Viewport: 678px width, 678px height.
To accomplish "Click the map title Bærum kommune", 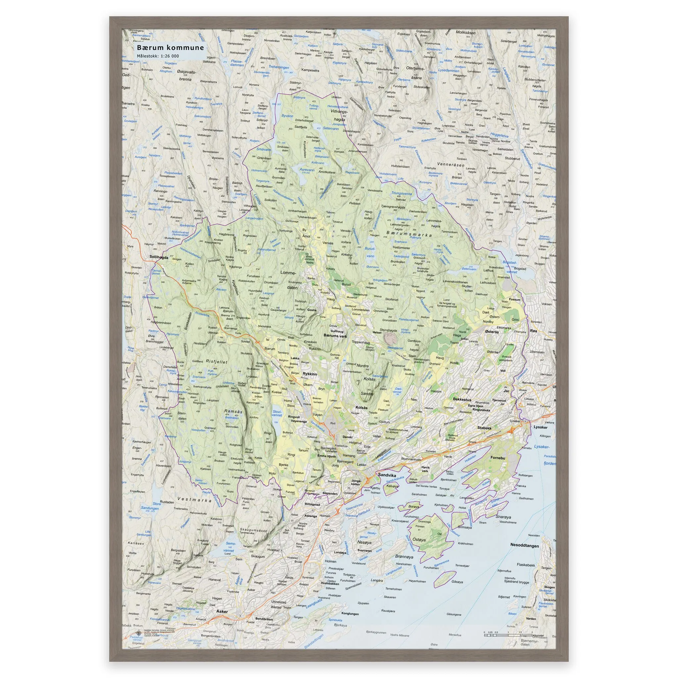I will coord(170,48).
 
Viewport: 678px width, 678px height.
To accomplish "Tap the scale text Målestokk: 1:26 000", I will coord(158,56).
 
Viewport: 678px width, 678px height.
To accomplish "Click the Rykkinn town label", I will coord(310,374).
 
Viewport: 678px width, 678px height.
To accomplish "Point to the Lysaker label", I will coord(540,427).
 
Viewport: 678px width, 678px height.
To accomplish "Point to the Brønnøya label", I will coord(404,557).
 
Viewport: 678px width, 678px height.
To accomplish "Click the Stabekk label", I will coord(484,428).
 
